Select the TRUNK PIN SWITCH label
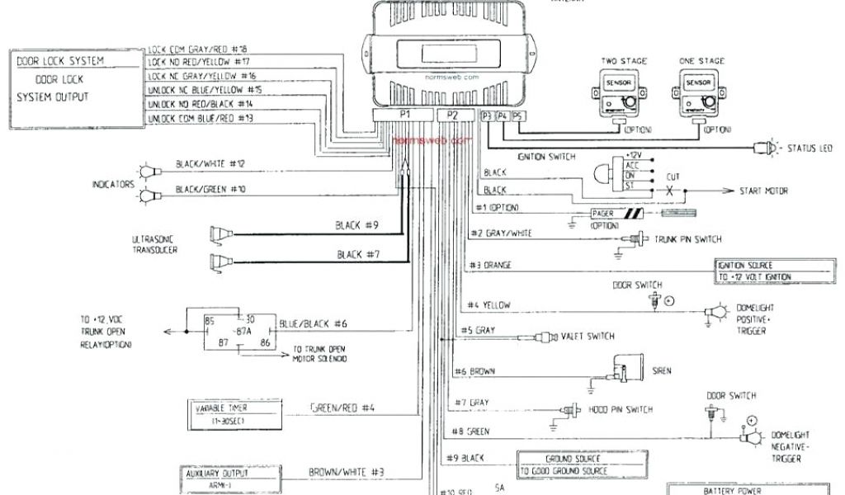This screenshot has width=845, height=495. [689, 239]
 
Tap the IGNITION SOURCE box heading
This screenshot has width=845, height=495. [745, 266]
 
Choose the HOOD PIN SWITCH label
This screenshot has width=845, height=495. [620, 409]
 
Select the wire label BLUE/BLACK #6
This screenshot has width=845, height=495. [314, 323]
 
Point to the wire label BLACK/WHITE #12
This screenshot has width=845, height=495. [210, 164]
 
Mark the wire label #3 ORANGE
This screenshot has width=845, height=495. [490, 265]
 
